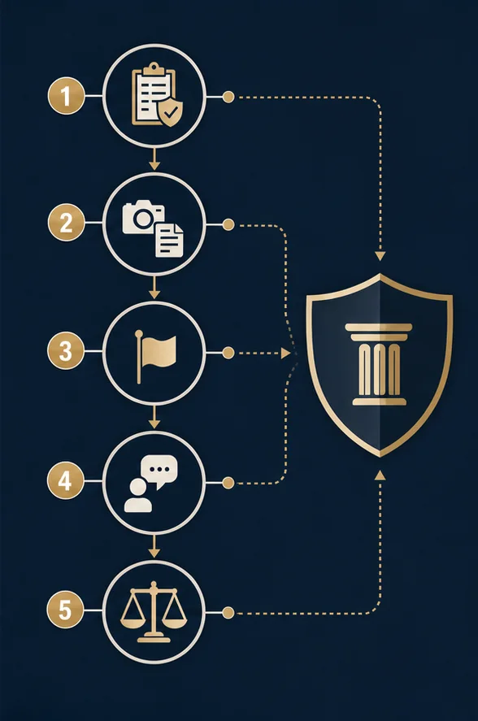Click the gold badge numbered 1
pyautogui.click(x=66, y=96)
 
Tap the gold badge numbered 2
pyautogui.click(x=66, y=223)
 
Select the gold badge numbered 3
pyautogui.click(x=66, y=351)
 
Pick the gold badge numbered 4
pyautogui.click(x=65, y=480)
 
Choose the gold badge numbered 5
pyautogui.click(x=65, y=610)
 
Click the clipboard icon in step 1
pyautogui.click(x=152, y=93)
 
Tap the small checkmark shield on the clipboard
pyautogui.click(x=170, y=111)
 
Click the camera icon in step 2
pyautogui.click(x=143, y=217)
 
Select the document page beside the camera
pyautogui.click(x=169, y=240)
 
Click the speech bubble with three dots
pyautogui.click(x=159, y=471)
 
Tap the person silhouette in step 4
pyautogui.click(x=138, y=496)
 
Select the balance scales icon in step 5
pyautogui.click(x=154, y=612)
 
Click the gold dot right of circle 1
pyautogui.click(x=228, y=97)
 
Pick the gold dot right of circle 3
pyautogui.click(x=228, y=353)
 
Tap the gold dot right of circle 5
pyautogui.click(x=228, y=612)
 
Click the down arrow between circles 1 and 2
pyautogui.click(x=154, y=159)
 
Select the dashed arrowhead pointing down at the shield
pyautogui.click(x=380, y=256)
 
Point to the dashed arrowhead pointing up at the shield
pyautogui.click(x=380, y=475)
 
